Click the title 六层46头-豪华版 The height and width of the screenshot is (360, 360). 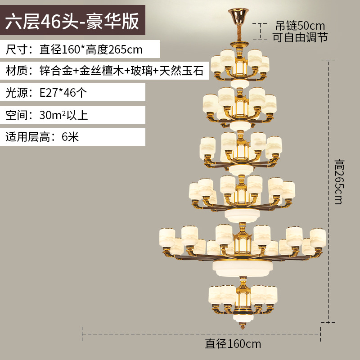pos(72,21)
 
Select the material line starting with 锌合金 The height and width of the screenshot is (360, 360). pos(121,71)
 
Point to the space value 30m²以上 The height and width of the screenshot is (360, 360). pos(63,115)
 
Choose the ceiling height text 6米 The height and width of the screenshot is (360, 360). pos(70,136)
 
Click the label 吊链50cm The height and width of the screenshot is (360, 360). pos(300,25)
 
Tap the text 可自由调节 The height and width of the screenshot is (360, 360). pos(300,37)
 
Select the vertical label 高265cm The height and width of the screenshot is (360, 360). pos(338,180)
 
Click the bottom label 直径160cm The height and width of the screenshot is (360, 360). pos(233,344)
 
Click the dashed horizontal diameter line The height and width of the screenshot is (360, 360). pos(202,334)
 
